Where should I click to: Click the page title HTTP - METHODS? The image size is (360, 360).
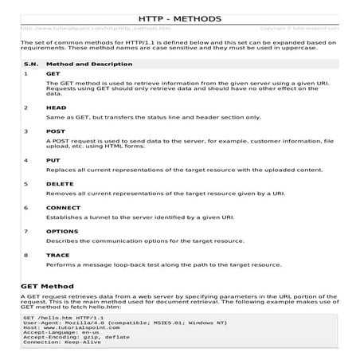(179, 17)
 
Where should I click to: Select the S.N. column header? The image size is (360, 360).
(31, 61)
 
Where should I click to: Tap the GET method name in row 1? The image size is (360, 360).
(53, 73)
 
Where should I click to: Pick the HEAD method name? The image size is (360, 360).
(55, 106)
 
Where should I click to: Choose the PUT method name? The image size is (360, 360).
(53, 160)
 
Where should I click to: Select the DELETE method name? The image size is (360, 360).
(59, 183)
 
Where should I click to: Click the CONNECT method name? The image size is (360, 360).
(62, 207)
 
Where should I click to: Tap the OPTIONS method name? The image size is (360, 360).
(61, 231)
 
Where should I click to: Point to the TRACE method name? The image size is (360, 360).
(57, 255)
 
